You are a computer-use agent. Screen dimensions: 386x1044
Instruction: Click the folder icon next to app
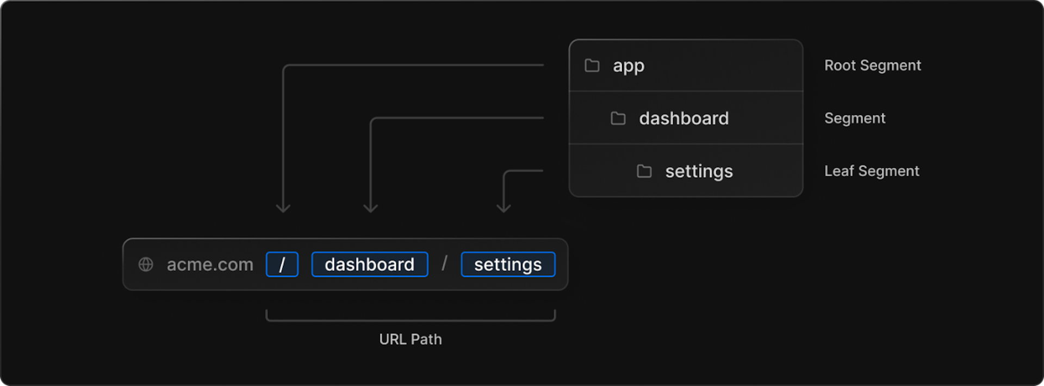pyautogui.click(x=592, y=66)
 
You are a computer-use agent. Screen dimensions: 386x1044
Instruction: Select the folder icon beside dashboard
pyautogui.click(x=618, y=119)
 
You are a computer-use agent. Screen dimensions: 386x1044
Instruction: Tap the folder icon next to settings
pyautogui.click(x=644, y=171)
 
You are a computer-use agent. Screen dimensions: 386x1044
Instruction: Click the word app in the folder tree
pyautogui.click(x=629, y=66)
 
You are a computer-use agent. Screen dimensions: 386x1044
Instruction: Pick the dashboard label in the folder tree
pyautogui.click(x=683, y=119)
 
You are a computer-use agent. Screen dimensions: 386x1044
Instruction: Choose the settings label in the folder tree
pyautogui.click(x=699, y=171)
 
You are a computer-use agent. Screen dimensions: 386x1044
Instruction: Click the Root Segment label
pyautogui.click(x=872, y=66)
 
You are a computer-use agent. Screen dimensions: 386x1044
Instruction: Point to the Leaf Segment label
pyautogui.click(x=871, y=171)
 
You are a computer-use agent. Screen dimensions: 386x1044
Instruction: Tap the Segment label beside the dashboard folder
pyautogui.click(x=854, y=119)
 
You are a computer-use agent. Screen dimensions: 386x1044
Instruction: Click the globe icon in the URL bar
pyautogui.click(x=146, y=264)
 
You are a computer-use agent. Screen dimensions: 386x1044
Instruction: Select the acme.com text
pyautogui.click(x=210, y=264)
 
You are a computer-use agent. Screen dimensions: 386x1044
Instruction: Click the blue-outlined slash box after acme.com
pyautogui.click(x=282, y=264)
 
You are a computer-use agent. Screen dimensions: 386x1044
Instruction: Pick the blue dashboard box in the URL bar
pyautogui.click(x=369, y=264)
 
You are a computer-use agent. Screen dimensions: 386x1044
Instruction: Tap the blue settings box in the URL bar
pyautogui.click(x=508, y=264)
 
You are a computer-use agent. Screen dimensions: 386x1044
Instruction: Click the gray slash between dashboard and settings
pyautogui.click(x=444, y=264)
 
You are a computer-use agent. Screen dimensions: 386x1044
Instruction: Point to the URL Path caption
pyautogui.click(x=411, y=339)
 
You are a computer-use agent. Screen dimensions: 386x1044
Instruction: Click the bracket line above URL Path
pyautogui.click(x=411, y=320)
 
